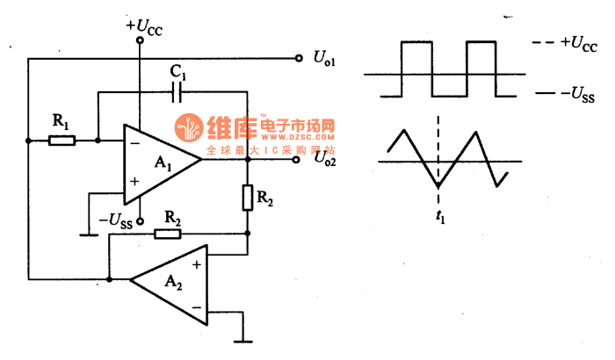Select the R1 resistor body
(61, 140)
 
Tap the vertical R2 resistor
(249, 198)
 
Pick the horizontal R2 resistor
(167, 234)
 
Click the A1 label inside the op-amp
(163, 162)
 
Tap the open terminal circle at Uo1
(296, 58)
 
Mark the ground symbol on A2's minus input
(243, 339)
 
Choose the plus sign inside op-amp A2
(194, 263)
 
